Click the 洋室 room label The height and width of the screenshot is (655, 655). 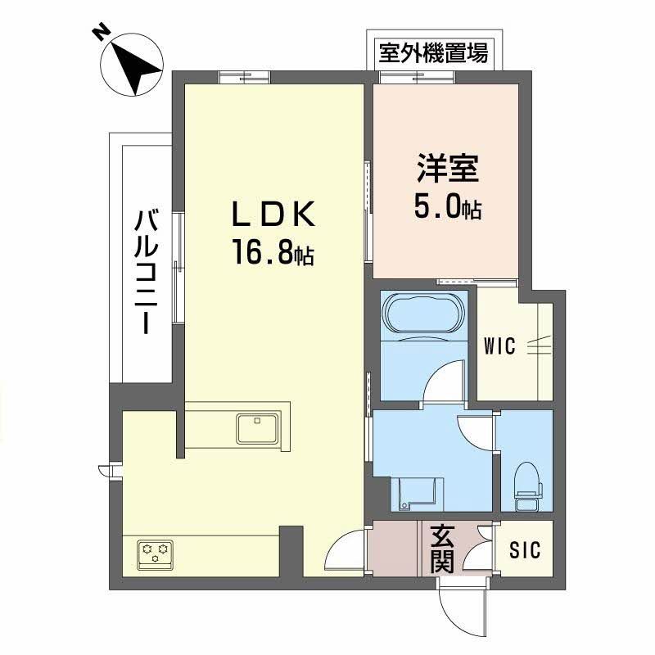(x=447, y=171)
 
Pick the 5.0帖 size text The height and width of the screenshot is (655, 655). (x=446, y=208)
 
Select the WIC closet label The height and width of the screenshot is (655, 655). (x=499, y=346)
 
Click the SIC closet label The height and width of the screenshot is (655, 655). (x=525, y=550)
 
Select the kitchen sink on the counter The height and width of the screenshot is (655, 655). (x=257, y=428)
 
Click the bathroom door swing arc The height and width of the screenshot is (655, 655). (x=445, y=382)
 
